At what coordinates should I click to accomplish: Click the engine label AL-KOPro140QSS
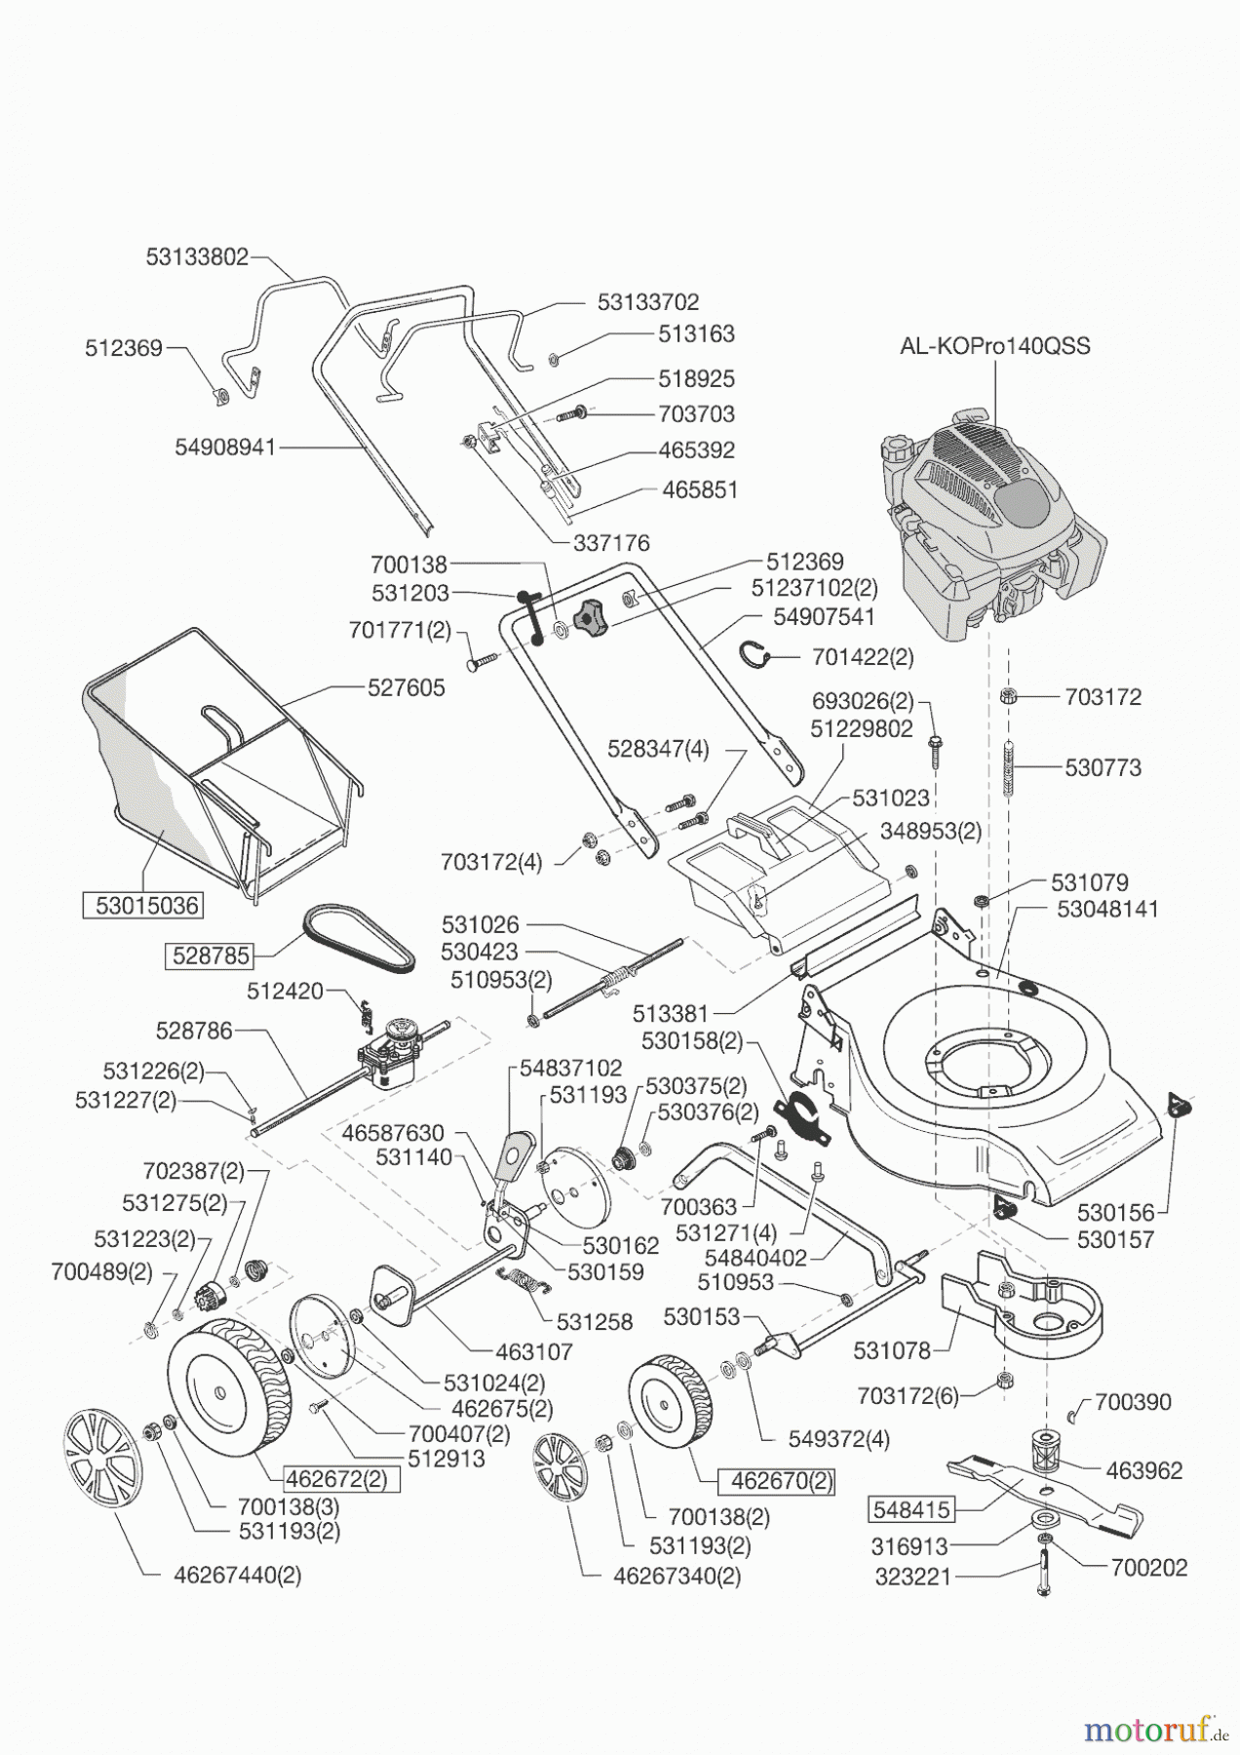(994, 346)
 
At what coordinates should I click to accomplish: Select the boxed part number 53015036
(141, 906)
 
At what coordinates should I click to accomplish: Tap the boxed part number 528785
(211, 955)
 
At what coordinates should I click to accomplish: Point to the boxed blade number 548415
(911, 1510)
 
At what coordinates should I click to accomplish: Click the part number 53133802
(198, 257)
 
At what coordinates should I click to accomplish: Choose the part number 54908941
(226, 447)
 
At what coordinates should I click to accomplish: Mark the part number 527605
(406, 687)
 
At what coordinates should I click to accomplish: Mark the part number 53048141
(1107, 909)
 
